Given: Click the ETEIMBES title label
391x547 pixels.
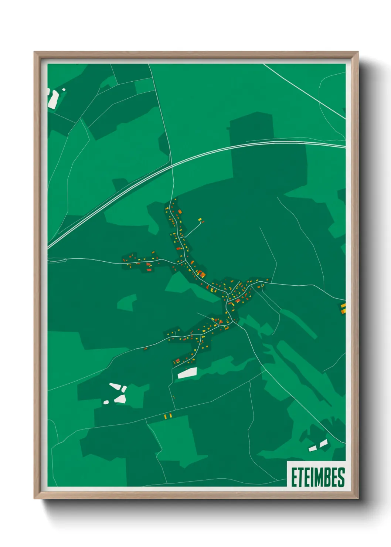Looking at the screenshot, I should point(317,477).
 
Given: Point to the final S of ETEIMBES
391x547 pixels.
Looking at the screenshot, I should point(341,477).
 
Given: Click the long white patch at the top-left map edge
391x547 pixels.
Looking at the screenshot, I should point(54,99).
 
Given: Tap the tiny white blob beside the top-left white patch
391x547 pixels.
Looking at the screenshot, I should point(64,89).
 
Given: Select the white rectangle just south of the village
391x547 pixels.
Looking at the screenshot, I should point(187,373).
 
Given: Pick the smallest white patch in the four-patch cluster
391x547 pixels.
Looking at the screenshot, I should point(106,402).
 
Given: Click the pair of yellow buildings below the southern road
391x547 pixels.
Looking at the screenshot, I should point(168,416).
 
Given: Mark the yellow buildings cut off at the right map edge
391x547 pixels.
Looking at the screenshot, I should point(343,308).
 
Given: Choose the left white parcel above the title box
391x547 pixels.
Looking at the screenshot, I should point(313,448).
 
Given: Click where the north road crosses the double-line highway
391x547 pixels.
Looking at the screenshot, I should point(172,165).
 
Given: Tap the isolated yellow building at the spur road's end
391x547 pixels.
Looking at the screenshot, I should point(200,220).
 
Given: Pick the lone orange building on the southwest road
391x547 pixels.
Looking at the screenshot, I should point(146,348).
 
